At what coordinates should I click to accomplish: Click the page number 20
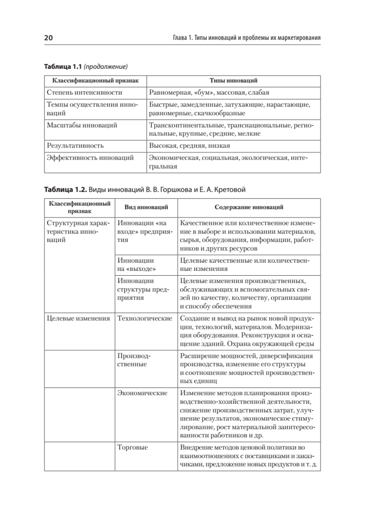click(48, 38)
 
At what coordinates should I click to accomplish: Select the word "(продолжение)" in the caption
click(106, 67)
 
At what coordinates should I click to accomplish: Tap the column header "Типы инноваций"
click(233, 80)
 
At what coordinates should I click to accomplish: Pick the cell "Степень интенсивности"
click(85, 92)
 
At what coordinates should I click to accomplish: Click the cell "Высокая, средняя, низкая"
click(190, 146)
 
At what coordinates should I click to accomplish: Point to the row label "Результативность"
click(75, 146)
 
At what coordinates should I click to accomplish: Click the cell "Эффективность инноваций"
click(90, 157)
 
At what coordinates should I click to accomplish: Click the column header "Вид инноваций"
click(146, 207)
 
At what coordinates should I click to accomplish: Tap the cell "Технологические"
click(144, 318)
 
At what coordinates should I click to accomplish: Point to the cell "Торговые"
click(132, 448)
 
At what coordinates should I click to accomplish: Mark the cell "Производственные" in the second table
click(134, 360)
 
